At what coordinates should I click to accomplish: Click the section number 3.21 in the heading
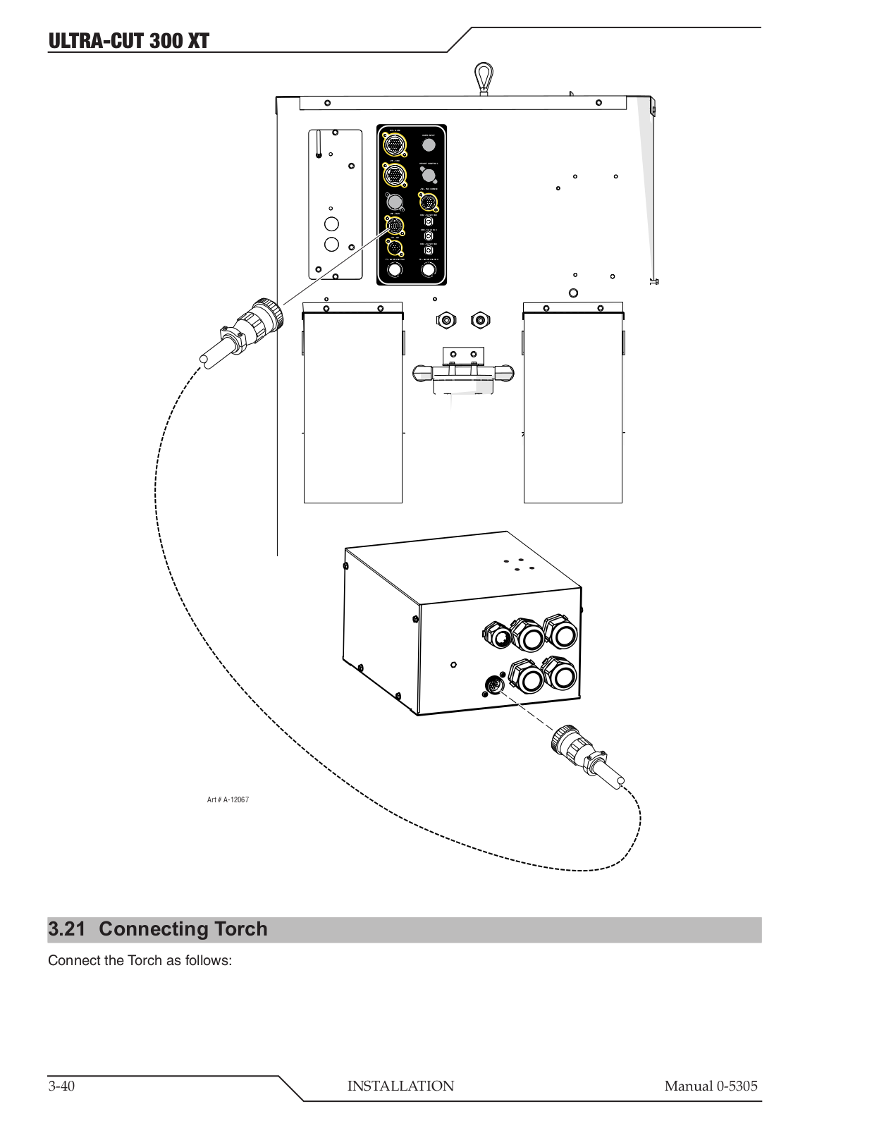[66, 929]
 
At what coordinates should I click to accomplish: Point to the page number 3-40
[61, 1086]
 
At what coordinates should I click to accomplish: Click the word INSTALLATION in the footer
[400, 1086]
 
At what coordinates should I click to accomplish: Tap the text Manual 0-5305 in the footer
[711, 1086]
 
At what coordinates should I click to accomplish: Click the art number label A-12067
[228, 800]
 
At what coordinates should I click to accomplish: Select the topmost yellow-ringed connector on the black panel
[394, 145]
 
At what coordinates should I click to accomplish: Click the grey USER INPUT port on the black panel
[429, 145]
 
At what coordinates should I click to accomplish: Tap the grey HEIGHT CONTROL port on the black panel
[429, 173]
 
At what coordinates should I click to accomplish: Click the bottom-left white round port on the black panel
[395, 269]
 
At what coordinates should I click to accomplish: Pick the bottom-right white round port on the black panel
[429, 269]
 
